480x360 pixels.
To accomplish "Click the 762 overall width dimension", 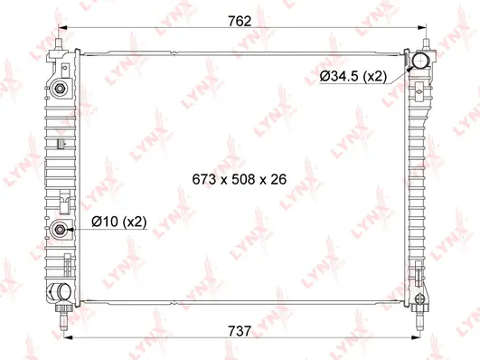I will tap(239, 20).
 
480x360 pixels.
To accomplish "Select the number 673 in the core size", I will tap(204, 179).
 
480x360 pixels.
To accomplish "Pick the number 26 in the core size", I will tap(278, 179).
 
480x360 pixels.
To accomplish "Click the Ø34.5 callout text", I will tap(352, 76).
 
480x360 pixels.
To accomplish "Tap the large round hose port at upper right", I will tap(419, 62).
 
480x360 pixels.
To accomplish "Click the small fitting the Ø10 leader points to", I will tap(60, 230).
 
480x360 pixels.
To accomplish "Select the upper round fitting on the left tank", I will tap(59, 89).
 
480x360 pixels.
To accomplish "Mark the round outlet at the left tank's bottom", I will tap(60, 291).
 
